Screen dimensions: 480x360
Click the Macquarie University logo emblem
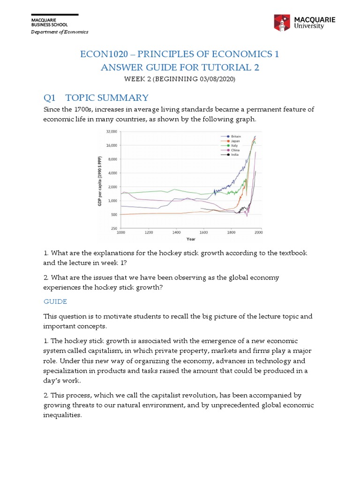tap(283, 23)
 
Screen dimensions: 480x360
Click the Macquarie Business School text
tap(49, 22)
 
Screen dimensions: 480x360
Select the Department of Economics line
tap(60, 32)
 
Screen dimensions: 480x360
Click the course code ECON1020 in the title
tap(105, 54)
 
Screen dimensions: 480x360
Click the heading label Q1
tap(50, 97)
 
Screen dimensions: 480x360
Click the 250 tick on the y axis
tap(113, 228)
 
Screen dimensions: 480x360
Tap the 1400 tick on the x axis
tap(176, 232)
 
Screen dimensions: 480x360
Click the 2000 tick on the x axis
tap(258, 232)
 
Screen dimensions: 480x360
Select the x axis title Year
tap(191, 239)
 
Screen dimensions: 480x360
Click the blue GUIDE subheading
tap(55, 301)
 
